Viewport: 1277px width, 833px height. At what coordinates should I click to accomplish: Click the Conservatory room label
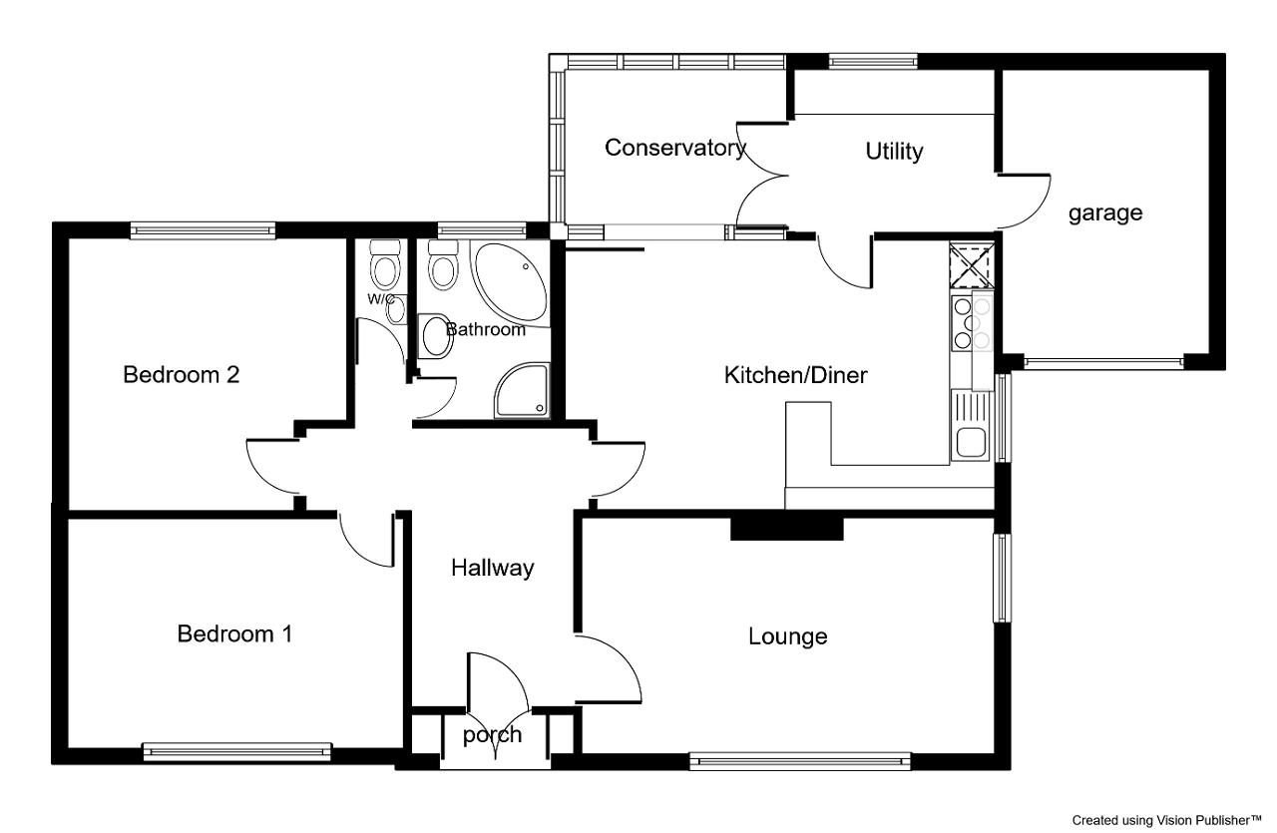[x=675, y=148]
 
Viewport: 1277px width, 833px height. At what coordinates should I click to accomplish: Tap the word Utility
[x=894, y=151]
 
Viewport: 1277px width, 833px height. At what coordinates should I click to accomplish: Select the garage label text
[x=1105, y=213]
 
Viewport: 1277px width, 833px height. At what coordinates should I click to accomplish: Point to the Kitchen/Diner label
[x=796, y=375]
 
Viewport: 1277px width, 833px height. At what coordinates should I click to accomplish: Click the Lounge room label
[x=788, y=636]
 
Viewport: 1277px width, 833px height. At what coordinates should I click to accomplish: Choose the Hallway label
[x=493, y=569]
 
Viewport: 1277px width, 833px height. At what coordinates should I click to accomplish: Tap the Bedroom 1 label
[x=234, y=633]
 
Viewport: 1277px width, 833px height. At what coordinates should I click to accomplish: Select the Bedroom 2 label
[x=182, y=374]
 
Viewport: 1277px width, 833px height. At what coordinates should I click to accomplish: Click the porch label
[x=493, y=735]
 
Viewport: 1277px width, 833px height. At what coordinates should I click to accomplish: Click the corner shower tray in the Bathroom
[x=522, y=390]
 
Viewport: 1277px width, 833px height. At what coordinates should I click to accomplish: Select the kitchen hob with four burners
[x=973, y=322]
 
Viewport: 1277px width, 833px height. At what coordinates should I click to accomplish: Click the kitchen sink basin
[x=972, y=443]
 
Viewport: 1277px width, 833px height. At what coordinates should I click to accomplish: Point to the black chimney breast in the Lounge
[x=787, y=528]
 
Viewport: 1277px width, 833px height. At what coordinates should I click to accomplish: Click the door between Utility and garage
[x=1024, y=202]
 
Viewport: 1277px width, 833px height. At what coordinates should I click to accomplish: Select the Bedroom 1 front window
[x=236, y=752]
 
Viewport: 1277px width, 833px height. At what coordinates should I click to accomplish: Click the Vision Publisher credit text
[x=1167, y=820]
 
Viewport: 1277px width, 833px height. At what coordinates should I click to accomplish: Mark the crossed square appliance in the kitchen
[x=972, y=265]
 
